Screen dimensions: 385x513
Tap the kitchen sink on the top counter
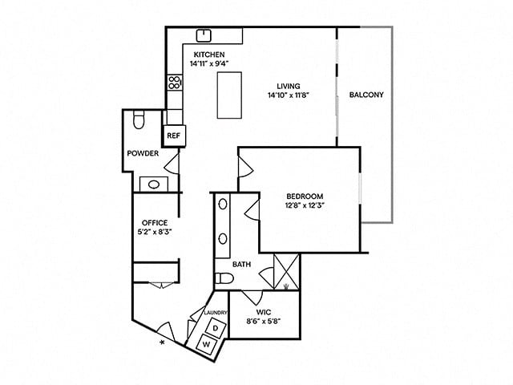(204, 34)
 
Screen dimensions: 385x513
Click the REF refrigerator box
(174, 136)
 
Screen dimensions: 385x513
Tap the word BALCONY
(366, 95)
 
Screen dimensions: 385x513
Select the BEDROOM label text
(305, 197)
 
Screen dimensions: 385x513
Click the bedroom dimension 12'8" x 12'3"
(305, 205)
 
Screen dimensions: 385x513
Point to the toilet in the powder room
(138, 120)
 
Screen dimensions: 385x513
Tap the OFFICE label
(154, 222)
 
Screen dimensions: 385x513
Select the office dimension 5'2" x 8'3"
(154, 232)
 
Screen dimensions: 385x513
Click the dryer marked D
(214, 327)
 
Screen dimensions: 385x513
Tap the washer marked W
(206, 344)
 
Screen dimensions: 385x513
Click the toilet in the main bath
(225, 279)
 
